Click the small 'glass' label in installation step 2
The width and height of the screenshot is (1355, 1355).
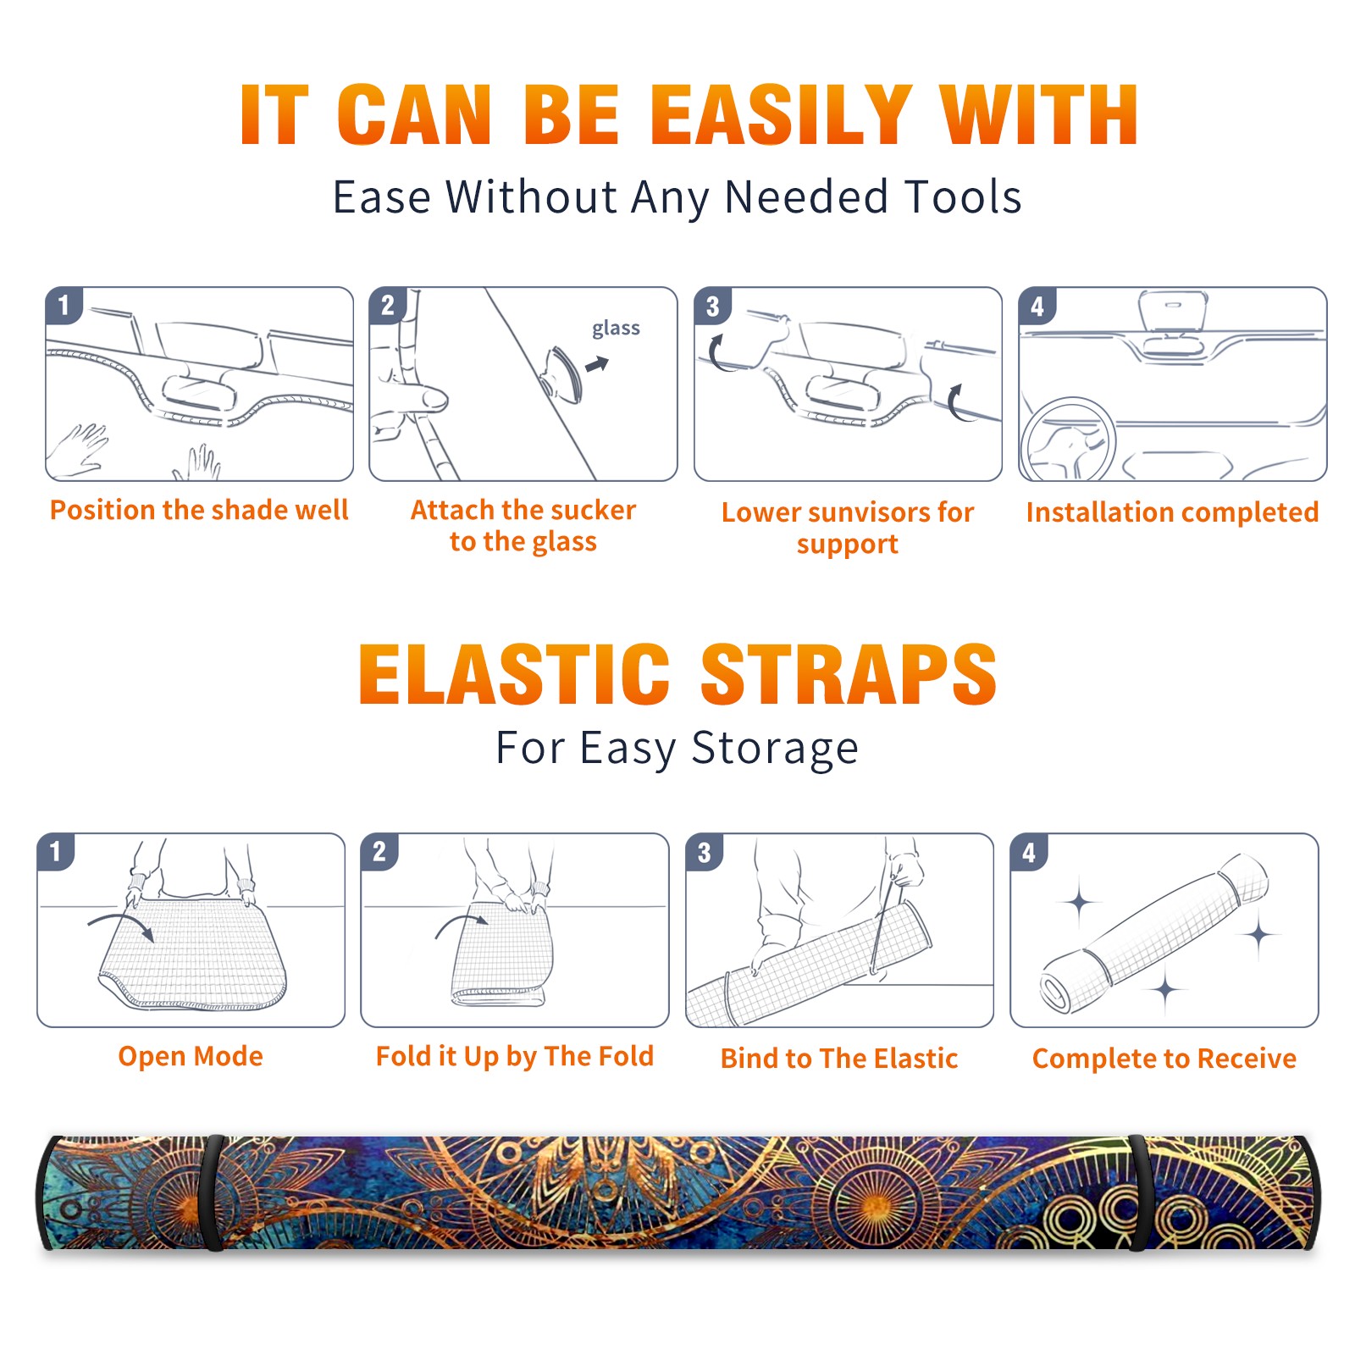pyautogui.click(x=616, y=329)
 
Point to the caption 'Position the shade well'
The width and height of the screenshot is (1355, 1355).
pyautogui.click(x=199, y=510)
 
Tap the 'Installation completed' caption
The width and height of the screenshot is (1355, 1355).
pyautogui.click(x=1172, y=512)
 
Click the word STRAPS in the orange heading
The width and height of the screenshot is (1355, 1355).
pyautogui.click(x=849, y=674)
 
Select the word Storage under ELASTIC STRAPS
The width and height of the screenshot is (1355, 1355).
pyautogui.click(x=775, y=749)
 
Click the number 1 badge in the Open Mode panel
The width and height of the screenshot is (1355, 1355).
pyautogui.click(x=56, y=851)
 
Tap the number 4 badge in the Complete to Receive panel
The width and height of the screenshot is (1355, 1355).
pyautogui.click(x=1029, y=852)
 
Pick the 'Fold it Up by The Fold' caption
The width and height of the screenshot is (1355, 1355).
pyautogui.click(x=515, y=1056)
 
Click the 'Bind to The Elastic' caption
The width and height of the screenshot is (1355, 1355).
pyautogui.click(x=839, y=1059)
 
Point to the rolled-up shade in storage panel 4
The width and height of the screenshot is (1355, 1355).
pyautogui.click(x=1154, y=932)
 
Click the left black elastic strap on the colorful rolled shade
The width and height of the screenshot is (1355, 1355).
pyautogui.click(x=213, y=1193)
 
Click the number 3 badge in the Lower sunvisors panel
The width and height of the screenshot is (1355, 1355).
pyautogui.click(x=713, y=306)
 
